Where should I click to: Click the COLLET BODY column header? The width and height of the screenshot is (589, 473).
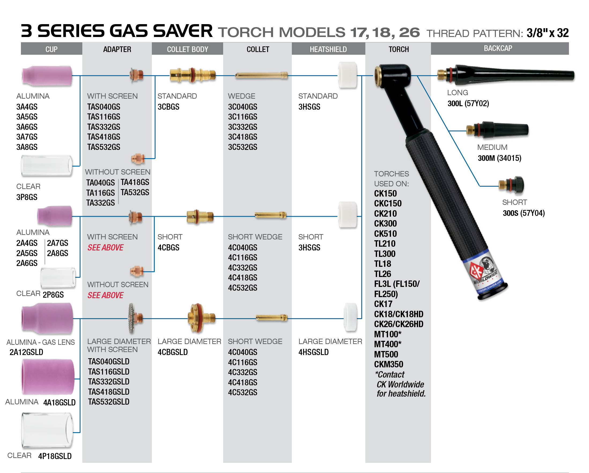coord(187,49)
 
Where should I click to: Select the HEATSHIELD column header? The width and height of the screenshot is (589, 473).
coord(328,49)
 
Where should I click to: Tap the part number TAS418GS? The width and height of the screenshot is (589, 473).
coord(104,137)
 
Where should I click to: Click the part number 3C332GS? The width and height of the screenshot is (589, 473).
coord(242,127)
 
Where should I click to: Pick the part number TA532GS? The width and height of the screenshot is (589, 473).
coord(135,193)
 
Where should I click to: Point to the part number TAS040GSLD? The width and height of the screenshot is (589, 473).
coord(108,361)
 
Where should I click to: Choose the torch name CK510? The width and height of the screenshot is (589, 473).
coord(385,234)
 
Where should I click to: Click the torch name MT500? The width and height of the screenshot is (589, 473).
coord(386,354)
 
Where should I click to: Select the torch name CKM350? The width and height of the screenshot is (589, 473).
coord(388,364)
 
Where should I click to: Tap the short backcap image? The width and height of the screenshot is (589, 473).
coord(511,185)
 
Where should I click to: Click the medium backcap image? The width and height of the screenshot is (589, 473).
coord(497,130)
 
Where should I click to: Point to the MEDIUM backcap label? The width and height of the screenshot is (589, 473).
coord(492,147)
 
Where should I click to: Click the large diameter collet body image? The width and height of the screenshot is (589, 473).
coord(201,318)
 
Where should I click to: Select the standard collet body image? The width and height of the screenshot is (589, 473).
coord(192,75)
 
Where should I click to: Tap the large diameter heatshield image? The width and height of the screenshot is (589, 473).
coord(350,317)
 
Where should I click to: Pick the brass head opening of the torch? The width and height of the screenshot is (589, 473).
coord(379,76)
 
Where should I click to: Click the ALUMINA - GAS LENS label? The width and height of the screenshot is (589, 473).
coord(41,342)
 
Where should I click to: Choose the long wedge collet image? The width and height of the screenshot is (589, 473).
coord(261,75)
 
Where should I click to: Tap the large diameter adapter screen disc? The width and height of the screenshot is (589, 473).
coord(131,319)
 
